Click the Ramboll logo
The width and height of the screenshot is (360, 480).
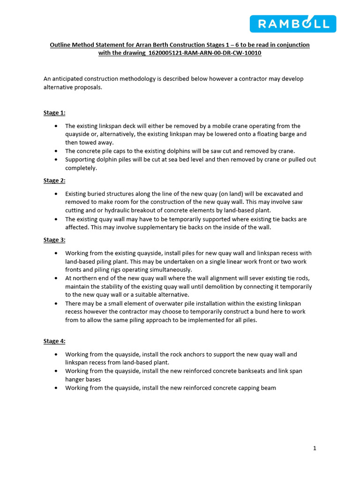coord(292,24)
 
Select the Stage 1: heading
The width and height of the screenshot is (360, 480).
coord(54,113)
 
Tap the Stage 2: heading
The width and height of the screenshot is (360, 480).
coord(54,180)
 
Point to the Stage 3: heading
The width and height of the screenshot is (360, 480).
coord(54,240)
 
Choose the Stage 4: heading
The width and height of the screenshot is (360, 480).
coord(54,341)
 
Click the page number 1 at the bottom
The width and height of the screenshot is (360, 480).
coord(315,448)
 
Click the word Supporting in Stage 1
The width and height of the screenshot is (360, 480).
coord(81,159)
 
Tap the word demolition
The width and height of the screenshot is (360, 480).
coord(250,286)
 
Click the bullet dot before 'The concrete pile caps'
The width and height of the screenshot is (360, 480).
coord(56,151)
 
